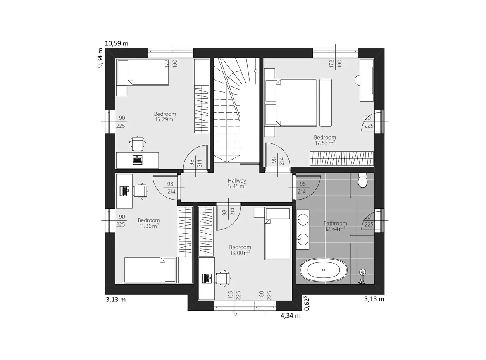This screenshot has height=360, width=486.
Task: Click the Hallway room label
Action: point(237,181)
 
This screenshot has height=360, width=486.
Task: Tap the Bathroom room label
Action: point(335,223)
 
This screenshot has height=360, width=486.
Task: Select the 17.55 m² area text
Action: point(325,143)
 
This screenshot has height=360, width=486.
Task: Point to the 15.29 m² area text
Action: point(165,119)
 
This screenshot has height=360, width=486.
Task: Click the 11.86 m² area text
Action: point(149,226)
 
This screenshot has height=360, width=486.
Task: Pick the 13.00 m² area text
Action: point(240,253)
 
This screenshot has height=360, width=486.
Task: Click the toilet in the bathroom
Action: point(363,180)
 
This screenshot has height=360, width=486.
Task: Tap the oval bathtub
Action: point(323,270)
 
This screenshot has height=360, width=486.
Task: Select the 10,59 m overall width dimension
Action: point(117,43)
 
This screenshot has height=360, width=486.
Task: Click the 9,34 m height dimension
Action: point(100,58)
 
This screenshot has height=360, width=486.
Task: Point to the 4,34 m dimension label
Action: point(291,316)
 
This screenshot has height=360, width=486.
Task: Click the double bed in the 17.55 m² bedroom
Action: point(291,103)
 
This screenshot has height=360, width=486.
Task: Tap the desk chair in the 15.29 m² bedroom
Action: point(138,144)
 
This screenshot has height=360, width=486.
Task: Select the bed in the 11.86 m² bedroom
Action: point(150,270)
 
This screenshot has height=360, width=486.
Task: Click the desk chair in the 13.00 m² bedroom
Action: point(223,279)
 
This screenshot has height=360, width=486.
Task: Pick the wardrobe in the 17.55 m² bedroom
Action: point(341,158)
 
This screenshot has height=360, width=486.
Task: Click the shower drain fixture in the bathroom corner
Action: point(363,272)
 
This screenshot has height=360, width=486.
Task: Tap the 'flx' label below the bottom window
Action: point(235,314)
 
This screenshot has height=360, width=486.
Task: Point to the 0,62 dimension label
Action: point(307,304)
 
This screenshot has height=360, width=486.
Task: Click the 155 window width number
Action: point(230,295)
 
